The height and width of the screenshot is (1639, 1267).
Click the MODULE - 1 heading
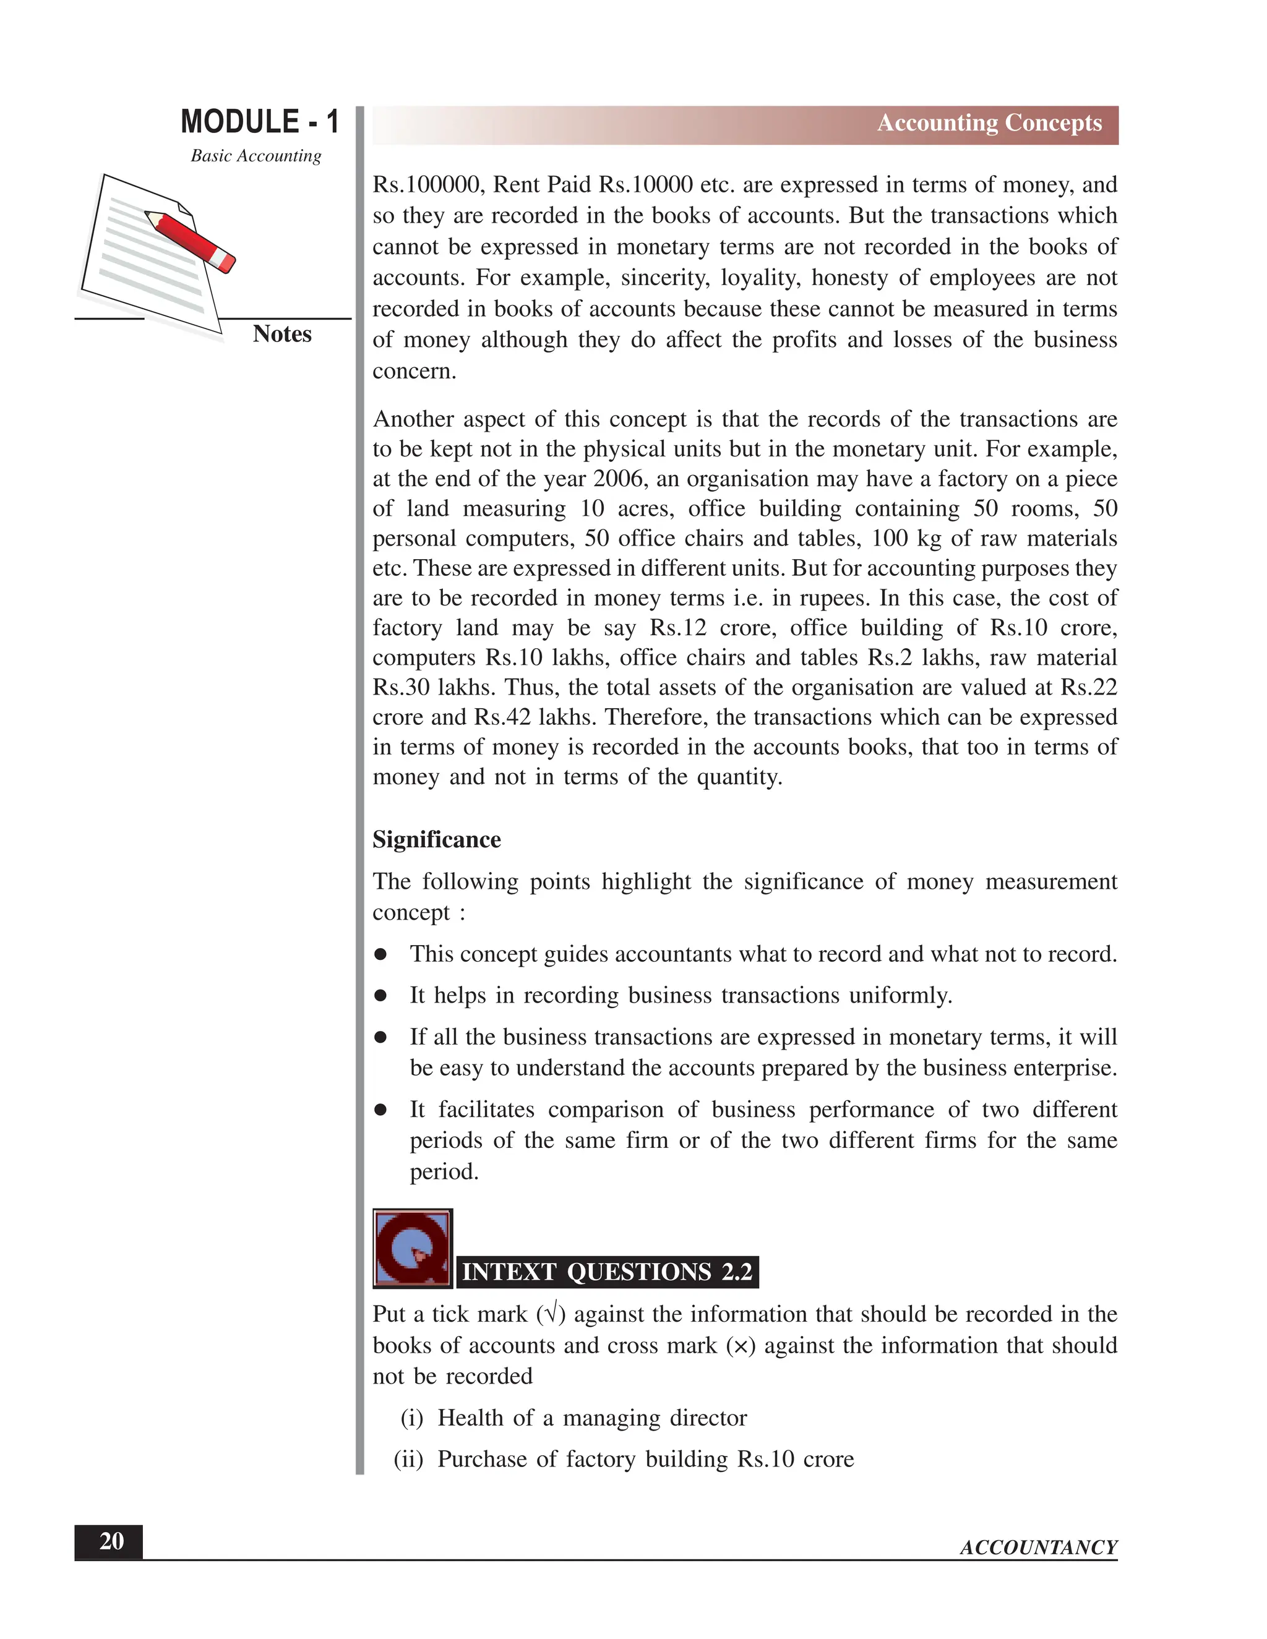tap(260, 122)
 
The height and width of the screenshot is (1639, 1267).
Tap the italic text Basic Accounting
tap(256, 155)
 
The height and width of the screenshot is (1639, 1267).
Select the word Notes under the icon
tap(281, 333)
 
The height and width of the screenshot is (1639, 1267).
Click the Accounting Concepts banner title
tap(989, 122)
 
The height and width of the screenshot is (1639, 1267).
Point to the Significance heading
tap(436, 839)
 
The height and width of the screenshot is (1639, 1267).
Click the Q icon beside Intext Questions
tap(412, 1247)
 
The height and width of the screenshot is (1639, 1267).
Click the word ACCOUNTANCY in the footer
tap(1038, 1547)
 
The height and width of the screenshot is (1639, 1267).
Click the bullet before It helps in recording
tap(380, 996)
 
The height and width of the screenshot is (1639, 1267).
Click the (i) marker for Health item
tap(411, 1418)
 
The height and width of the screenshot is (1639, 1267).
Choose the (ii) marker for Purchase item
tap(408, 1459)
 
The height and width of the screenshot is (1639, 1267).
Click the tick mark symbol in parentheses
tap(551, 1314)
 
